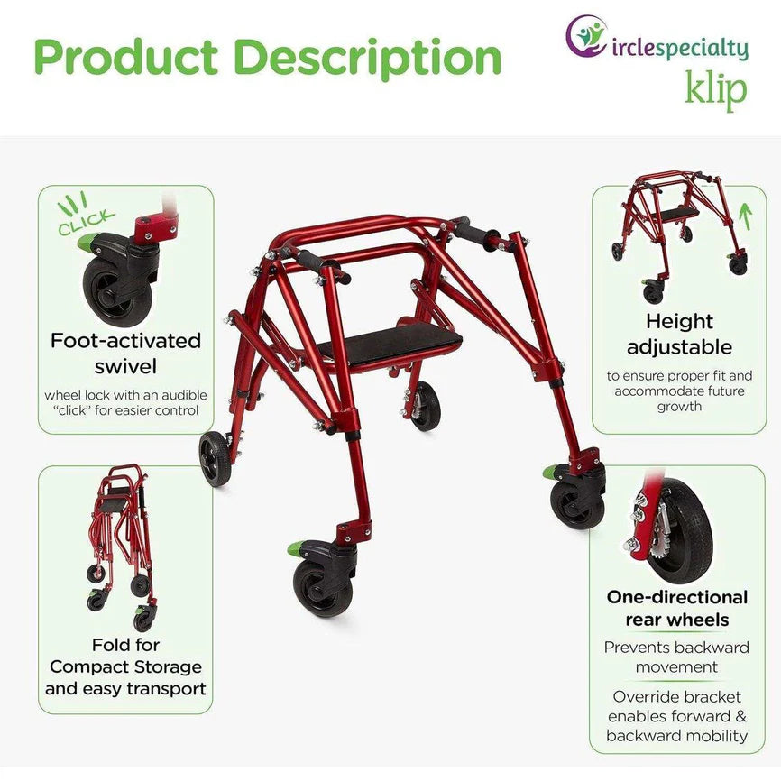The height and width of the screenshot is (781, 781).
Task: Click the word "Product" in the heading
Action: click(125, 58)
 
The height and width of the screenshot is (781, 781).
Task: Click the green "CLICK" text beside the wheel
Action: click(87, 219)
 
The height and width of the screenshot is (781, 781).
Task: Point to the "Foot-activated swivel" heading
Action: click(125, 354)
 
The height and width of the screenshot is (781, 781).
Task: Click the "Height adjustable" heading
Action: click(679, 334)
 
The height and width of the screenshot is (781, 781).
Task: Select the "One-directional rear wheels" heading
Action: click(676, 609)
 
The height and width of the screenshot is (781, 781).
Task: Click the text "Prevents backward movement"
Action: click(676, 657)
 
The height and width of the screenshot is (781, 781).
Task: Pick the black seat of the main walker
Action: click(390, 345)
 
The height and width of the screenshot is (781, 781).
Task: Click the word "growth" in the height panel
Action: click(679, 407)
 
